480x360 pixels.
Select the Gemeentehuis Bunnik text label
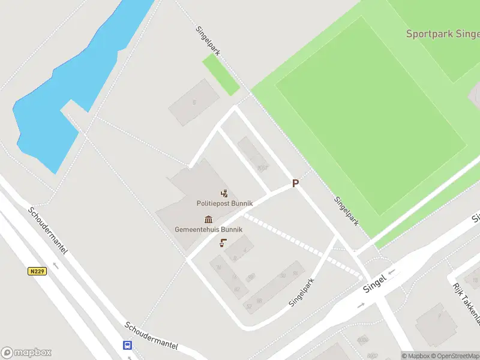(x=208, y=229)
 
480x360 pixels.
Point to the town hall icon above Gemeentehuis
(x=208, y=219)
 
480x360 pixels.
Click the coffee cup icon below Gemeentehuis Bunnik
(x=223, y=242)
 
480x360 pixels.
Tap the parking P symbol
(x=295, y=183)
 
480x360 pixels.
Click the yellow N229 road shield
(x=37, y=271)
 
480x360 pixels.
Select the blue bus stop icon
(x=128, y=345)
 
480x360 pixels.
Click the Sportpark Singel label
(x=442, y=34)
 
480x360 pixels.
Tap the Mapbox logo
(x=26, y=352)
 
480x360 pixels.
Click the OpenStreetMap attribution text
(x=454, y=356)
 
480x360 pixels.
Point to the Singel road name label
(x=373, y=283)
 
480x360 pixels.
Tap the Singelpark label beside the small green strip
(x=208, y=41)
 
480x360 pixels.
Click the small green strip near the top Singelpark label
(x=220, y=74)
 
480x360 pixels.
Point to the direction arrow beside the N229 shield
(x=56, y=265)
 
